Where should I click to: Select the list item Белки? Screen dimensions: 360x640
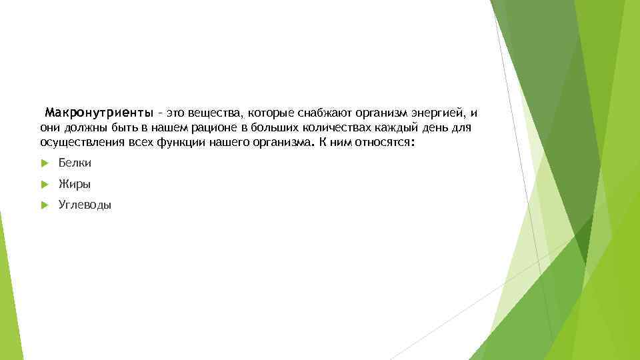pyautogui.click(x=75, y=163)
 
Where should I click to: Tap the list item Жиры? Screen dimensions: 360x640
pyautogui.click(x=74, y=184)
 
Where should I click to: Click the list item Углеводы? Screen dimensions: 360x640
pyautogui.click(x=85, y=205)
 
